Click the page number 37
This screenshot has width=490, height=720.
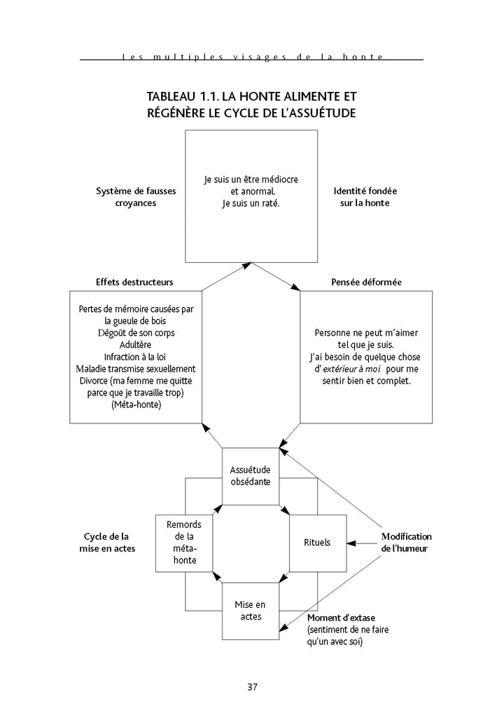pyautogui.click(x=252, y=686)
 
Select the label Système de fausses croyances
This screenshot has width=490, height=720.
pyautogui.click(x=136, y=197)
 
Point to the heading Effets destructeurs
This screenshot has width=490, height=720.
pyautogui.click(x=134, y=282)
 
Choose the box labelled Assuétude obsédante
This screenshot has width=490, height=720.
pyautogui.click(x=250, y=476)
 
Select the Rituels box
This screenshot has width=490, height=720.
pyautogui.click(x=317, y=543)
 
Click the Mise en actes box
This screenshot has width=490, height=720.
pyautogui.click(x=250, y=611)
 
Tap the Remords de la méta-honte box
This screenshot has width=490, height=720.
pyautogui.click(x=183, y=543)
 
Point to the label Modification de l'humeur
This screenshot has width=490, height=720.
pyautogui.click(x=406, y=542)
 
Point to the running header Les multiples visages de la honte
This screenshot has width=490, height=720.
pyautogui.click(x=251, y=57)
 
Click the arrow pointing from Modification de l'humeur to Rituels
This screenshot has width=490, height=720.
pyautogui.click(x=363, y=543)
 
